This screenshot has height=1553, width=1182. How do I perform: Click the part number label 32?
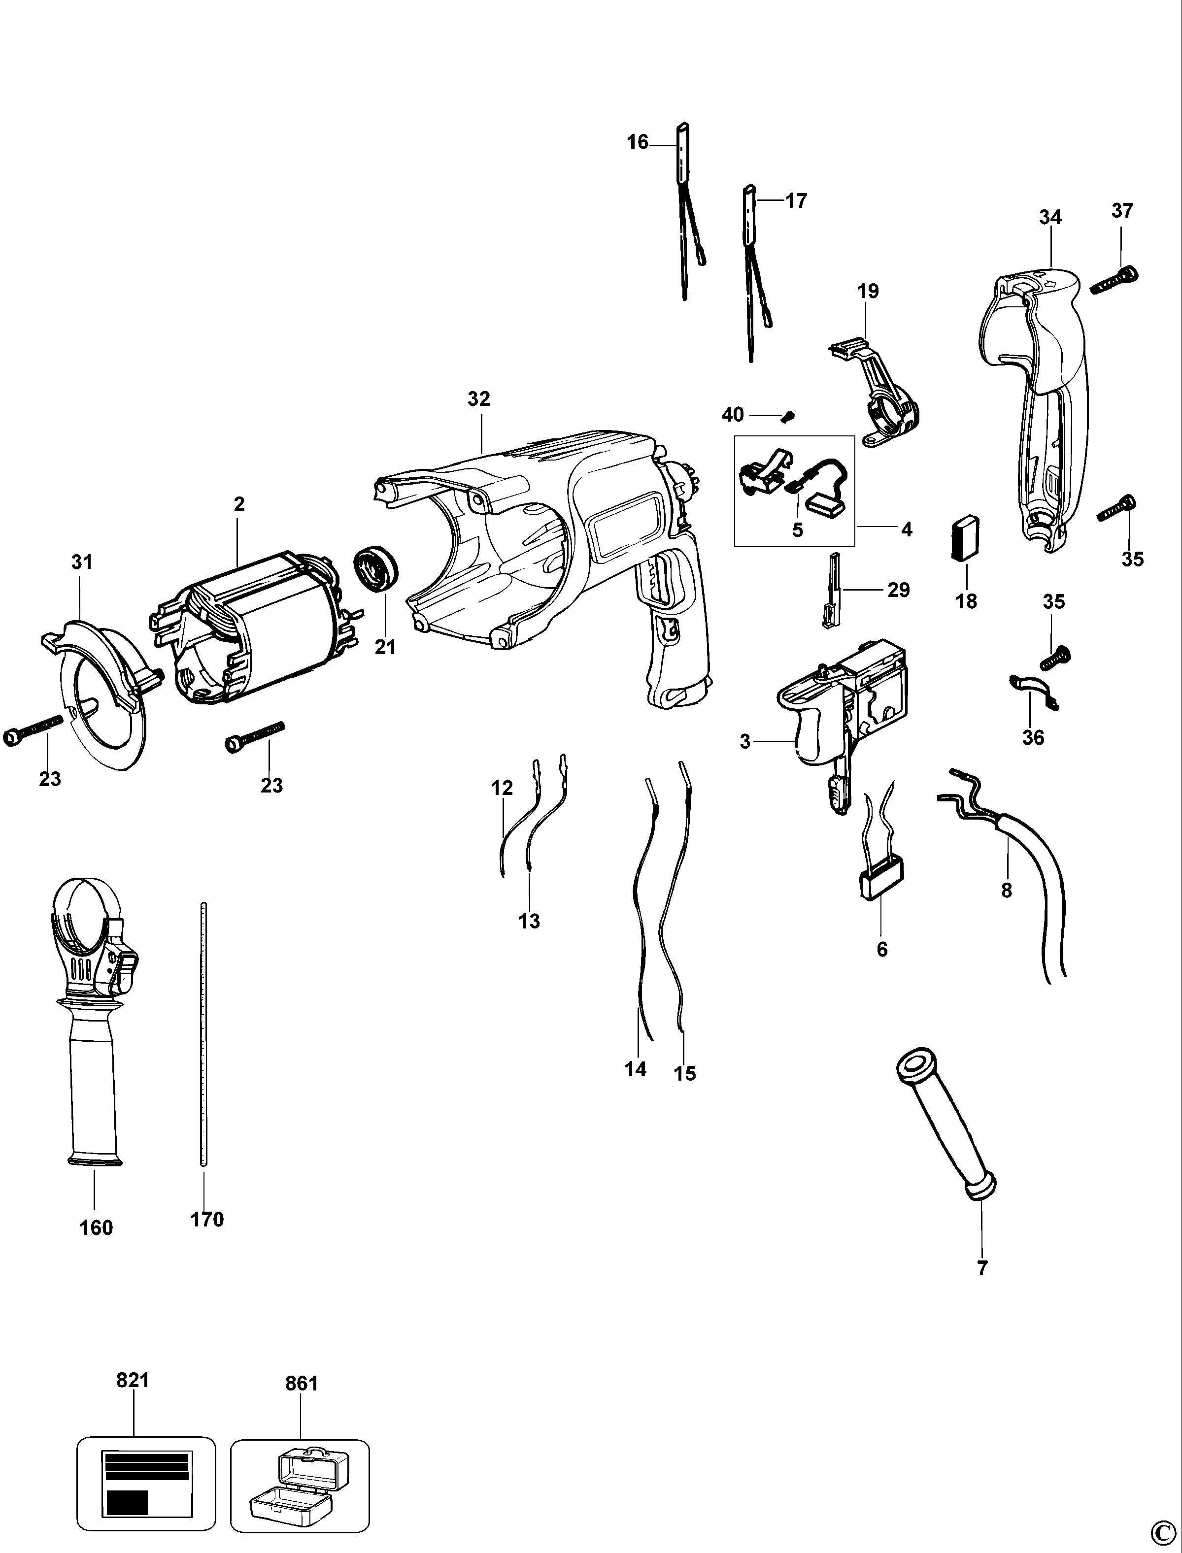tap(478, 399)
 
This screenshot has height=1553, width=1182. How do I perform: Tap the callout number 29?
tap(899, 590)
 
